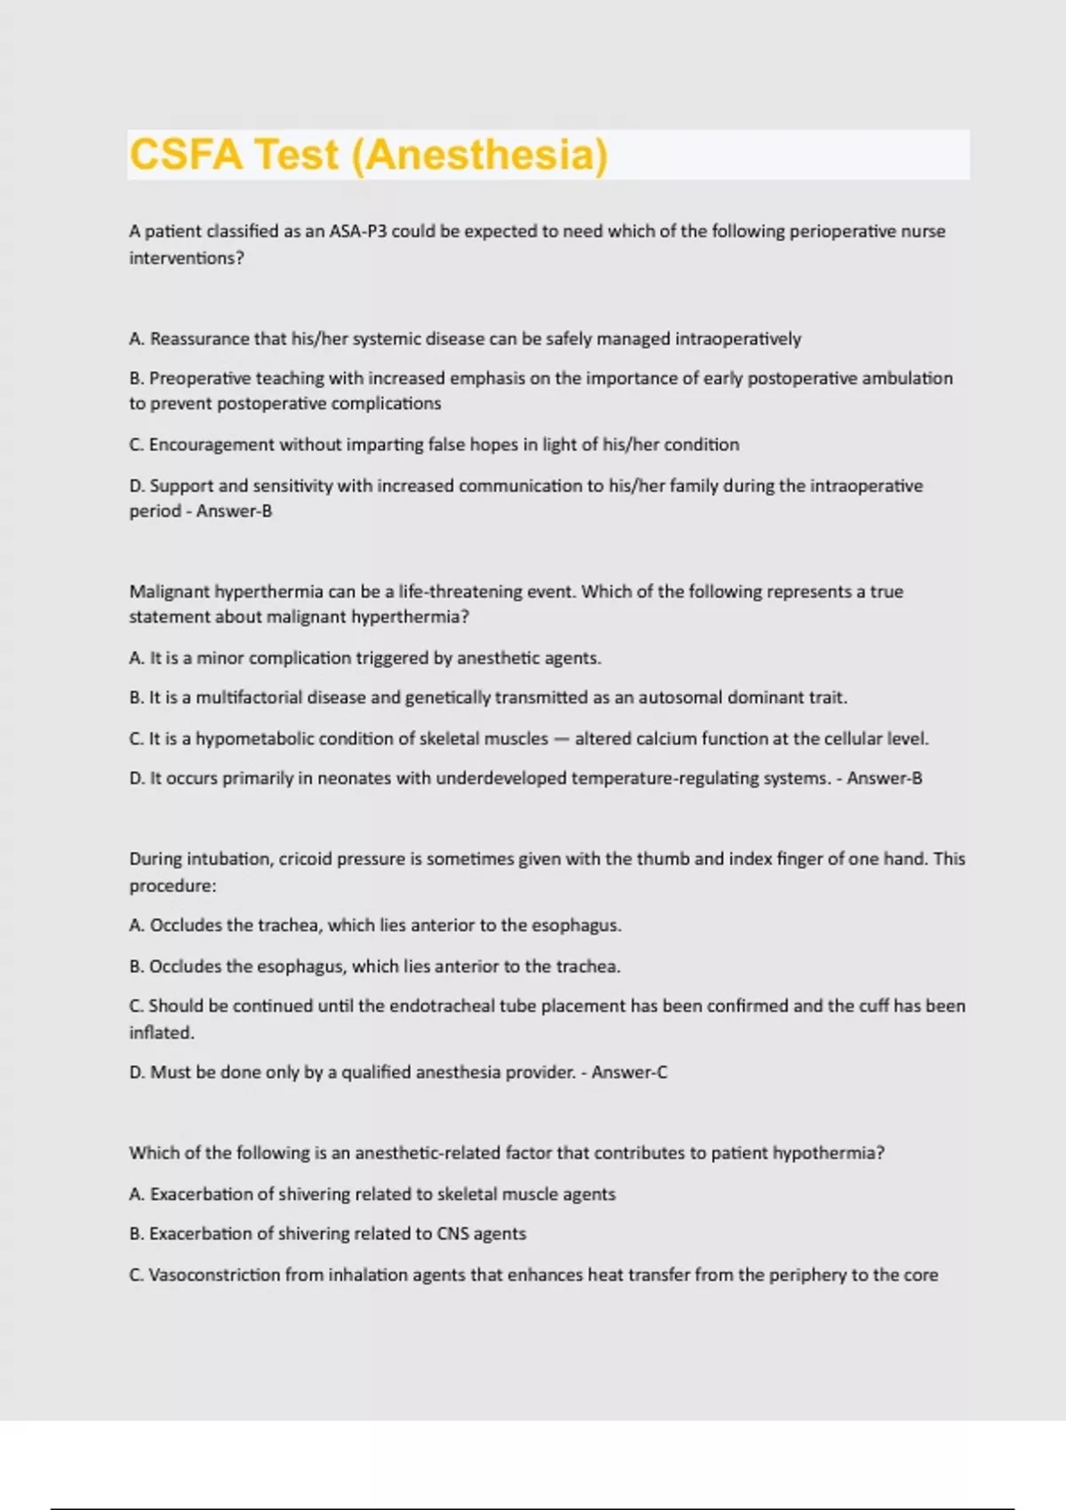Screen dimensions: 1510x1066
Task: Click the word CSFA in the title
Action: pos(186,155)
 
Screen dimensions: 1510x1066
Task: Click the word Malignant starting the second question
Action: pos(169,592)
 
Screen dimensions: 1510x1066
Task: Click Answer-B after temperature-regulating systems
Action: pos(884,779)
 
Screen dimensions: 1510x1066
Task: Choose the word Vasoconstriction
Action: pos(213,1276)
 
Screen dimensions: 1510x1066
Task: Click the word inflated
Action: pos(162,1033)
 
